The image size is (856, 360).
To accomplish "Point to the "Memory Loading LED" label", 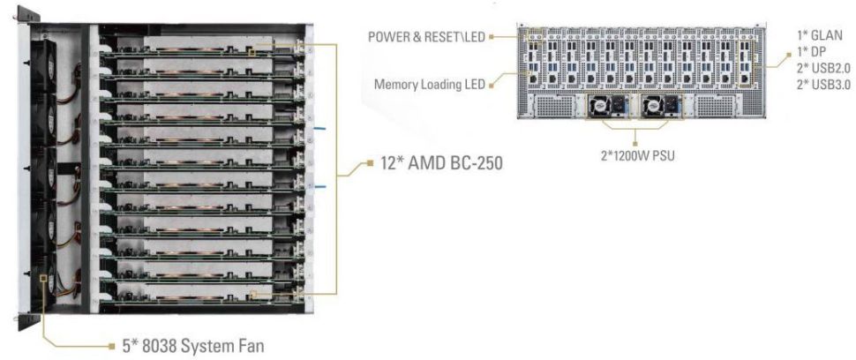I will [x=429, y=85].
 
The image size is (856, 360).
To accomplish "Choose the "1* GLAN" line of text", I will [x=820, y=35].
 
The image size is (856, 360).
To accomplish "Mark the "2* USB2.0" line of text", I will [x=821, y=68].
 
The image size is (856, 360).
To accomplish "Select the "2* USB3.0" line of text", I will [x=821, y=84].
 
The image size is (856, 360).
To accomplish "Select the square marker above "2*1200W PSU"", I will [x=637, y=139].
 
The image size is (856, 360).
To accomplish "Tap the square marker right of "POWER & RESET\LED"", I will [x=492, y=36].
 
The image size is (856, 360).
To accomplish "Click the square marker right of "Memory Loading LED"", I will [x=492, y=85].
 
